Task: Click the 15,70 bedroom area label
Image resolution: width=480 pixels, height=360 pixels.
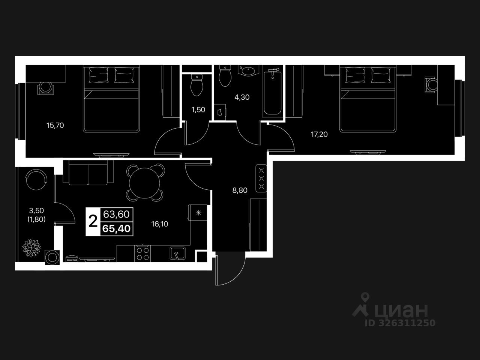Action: (x=55, y=126)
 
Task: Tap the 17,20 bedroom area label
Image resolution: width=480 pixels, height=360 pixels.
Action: (x=319, y=134)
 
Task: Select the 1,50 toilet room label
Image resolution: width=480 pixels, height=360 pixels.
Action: (x=198, y=110)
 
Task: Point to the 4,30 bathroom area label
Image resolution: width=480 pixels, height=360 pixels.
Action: (x=242, y=97)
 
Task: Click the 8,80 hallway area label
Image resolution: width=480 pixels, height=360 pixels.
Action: (x=240, y=190)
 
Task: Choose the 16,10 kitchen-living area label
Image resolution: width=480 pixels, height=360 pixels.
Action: (x=159, y=224)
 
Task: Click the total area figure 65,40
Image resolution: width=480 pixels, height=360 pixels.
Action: (x=116, y=228)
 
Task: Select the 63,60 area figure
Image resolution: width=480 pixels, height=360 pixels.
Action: (x=116, y=214)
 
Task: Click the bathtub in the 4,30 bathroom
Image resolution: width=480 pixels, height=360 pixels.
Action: (x=272, y=92)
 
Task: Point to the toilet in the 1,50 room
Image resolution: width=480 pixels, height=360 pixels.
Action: (x=196, y=85)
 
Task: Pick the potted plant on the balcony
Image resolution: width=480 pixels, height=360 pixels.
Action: (x=31, y=247)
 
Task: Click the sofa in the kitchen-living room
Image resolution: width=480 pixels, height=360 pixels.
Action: (x=88, y=172)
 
